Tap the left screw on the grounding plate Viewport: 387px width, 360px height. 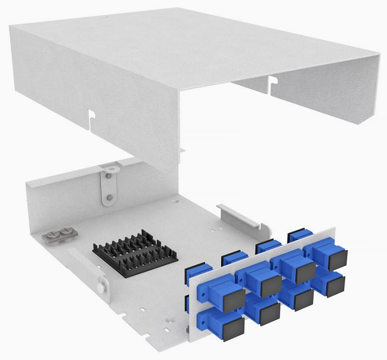click(53, 235)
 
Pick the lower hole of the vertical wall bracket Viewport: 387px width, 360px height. click(109, 196)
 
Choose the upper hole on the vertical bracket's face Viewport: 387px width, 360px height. click(108, 176)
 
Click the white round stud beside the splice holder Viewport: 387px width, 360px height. click(100, 287)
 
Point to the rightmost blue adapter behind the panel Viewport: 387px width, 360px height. click(299, 235)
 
